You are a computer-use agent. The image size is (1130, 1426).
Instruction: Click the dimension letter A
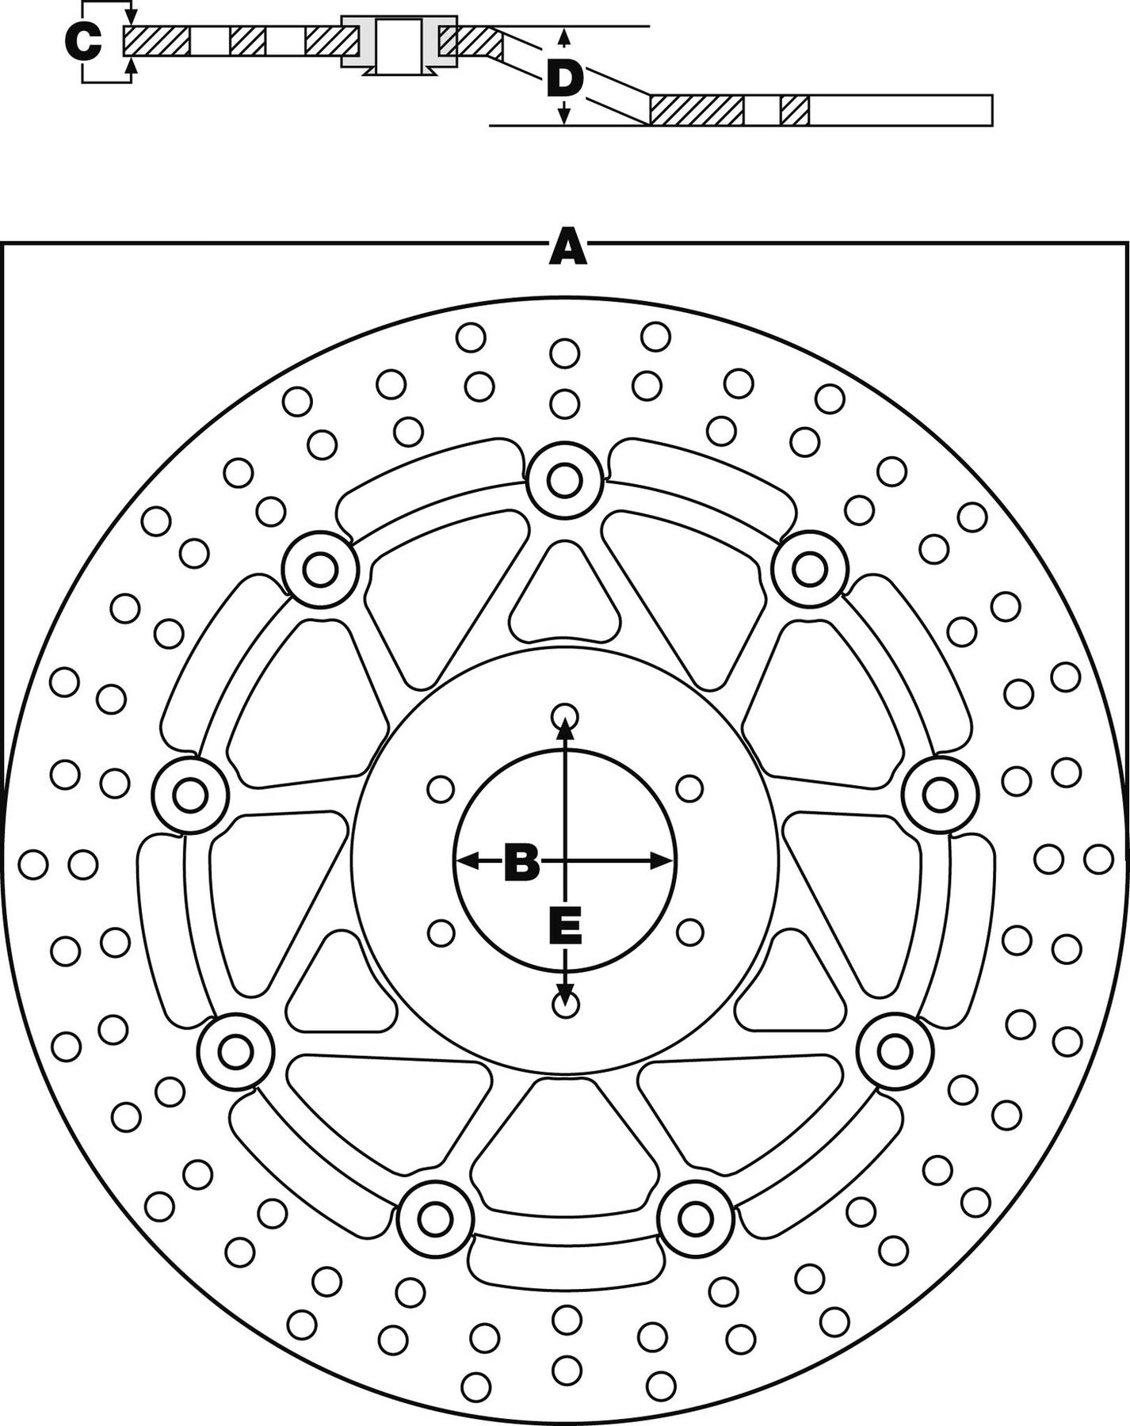[x=567, y=247]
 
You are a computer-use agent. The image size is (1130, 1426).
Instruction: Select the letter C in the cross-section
[x=83, y=42]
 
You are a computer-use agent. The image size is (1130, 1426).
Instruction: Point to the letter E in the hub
[x=566, y=926]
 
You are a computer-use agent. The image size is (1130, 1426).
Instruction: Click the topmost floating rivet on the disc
[x=564, y=479]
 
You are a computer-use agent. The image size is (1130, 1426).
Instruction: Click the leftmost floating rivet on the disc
[x=190, y=795]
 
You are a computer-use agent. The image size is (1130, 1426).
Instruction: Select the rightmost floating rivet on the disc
[x=941, y=795]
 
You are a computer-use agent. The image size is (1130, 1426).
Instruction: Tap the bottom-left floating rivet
[x=435, y=1218]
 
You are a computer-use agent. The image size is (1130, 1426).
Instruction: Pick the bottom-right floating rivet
[x=695, y=1216]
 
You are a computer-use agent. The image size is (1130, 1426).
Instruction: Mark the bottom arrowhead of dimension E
[x=564, y=994]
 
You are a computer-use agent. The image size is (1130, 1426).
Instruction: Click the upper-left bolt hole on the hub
[x=441, y=789]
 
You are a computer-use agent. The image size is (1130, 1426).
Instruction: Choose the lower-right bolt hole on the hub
[x=689, y=932]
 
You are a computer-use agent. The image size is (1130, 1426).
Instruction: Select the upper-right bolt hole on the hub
[x=689, y=788]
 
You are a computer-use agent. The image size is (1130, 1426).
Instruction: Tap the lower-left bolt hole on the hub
[x=441, y=932]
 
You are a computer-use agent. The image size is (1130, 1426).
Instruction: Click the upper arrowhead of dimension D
[x=563, y=36]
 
